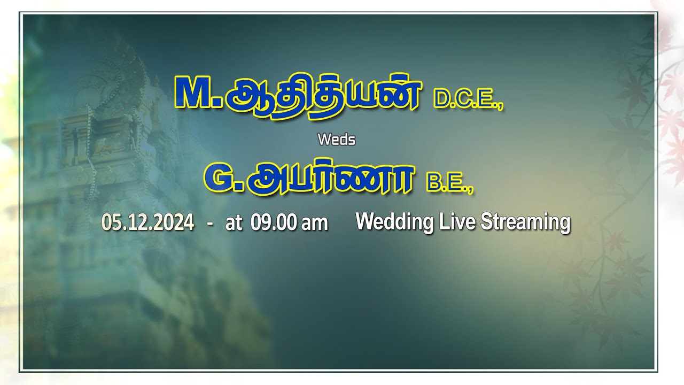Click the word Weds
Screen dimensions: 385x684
pyautogui.click(x=336, y=140)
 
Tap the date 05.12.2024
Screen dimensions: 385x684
pyautogui.click(x=147, y=222)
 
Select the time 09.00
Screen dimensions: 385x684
pyautogui.click(x=274, y=222)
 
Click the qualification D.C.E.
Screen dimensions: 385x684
pyautogui.click(x=468, y=100)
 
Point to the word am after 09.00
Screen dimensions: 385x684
pyautogui.click(x=314, y=223)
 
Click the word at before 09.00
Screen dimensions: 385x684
pyautogui.click(x=234, y=223)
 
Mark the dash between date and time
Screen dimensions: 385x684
pyautogui.click(x=210, y=222)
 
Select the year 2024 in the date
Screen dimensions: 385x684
pyautogui.click(x=174, y=222)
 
